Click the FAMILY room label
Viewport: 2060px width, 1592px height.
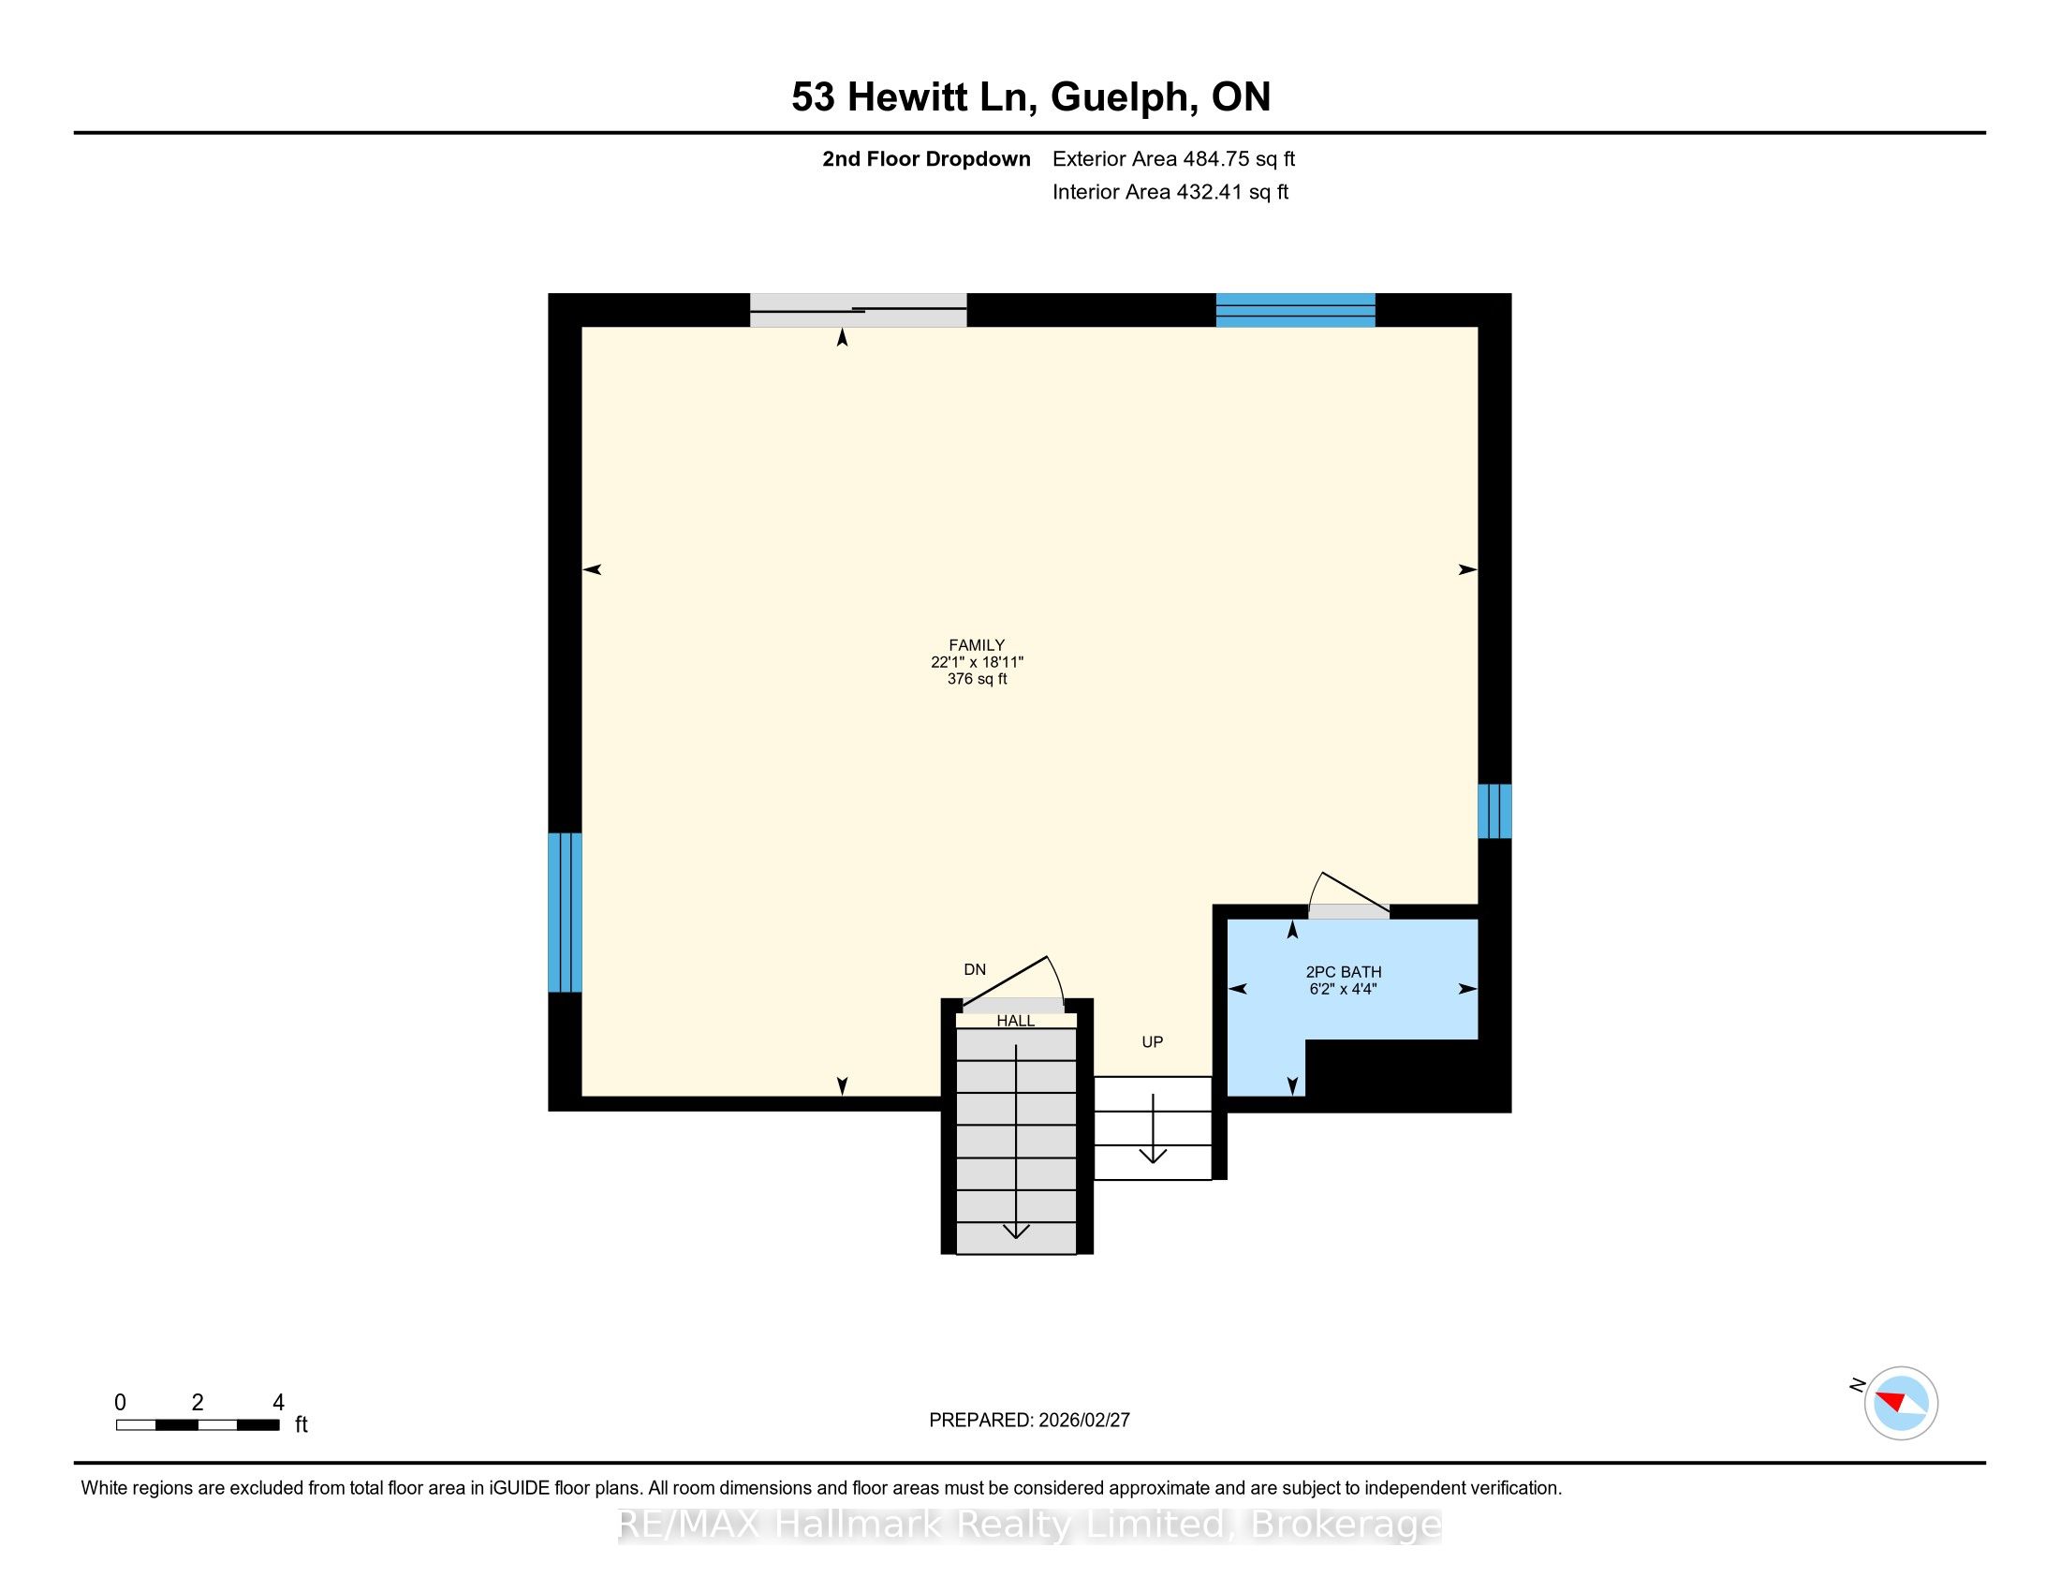[x=977, y=645]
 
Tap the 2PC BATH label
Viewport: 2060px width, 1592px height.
[x=1343, y=971]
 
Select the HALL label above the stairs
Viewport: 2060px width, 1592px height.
[x=1016, y=1021]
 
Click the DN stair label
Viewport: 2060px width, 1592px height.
[x=975, y=969]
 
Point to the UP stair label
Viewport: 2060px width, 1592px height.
[x=1153, y=1042]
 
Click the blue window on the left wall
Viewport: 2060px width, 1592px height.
[x=565, y=912]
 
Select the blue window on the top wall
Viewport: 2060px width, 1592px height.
[x=1295, y=310]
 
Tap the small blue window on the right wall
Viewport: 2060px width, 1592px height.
[x=1494, y=811]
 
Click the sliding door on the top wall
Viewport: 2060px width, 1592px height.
[x=859, y=310]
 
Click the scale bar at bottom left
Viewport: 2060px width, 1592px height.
[x=199, y=1424]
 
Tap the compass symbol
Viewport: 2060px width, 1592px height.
[x=1901, y=1403]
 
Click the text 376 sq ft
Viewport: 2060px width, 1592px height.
[x=978, y=679]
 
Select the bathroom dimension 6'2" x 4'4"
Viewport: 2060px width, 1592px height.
[x=1343, y=989]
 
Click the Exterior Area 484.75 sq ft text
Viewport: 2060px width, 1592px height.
[x=1173, y=158]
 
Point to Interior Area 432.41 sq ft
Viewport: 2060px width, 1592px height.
[x=1170, y=191]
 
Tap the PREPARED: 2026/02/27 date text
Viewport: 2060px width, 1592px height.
[x=1029, y=1420]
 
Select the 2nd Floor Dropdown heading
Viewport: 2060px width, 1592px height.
[x=926, y=158]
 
